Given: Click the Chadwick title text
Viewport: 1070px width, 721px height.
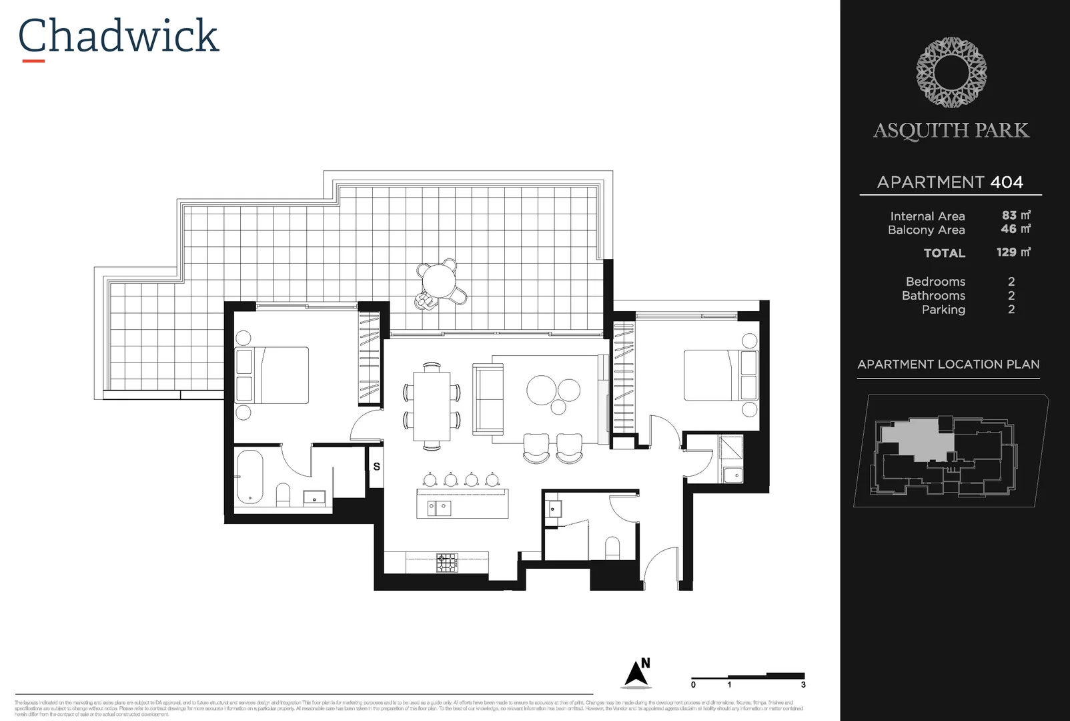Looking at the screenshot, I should point(118,36).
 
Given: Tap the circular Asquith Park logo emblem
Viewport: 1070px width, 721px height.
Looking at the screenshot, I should point(951,72).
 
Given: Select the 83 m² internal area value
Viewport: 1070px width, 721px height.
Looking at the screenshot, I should point(1015,216).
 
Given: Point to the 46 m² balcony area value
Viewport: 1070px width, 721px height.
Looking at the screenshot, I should point(1015,229).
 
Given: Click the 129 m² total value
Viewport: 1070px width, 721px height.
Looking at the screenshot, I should point(1013,252).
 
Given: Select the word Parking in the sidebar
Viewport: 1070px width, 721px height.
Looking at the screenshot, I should point(943,310).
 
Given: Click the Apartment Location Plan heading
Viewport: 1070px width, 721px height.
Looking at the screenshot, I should point(948,365).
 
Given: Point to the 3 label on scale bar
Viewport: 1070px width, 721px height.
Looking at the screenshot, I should point(803,685).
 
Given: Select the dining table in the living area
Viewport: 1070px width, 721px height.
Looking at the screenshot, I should point(431,405).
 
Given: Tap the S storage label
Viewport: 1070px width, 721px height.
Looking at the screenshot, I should point(376,467).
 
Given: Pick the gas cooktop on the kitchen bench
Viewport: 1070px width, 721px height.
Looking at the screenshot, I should point(447,563).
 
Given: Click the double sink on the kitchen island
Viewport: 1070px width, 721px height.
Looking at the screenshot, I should point(438,508).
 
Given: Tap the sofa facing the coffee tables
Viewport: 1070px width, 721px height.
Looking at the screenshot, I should point(487,399).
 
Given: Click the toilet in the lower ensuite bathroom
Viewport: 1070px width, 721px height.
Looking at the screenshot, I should point(612,547).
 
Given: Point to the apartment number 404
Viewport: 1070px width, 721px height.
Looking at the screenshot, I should point(1006,182).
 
